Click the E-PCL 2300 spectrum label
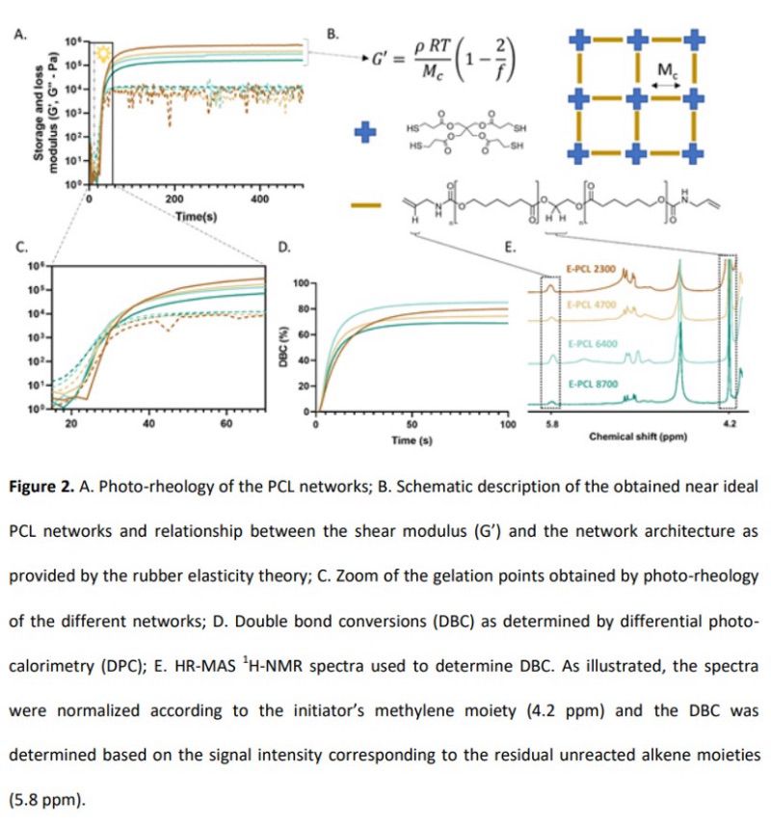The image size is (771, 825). [x=590, y=271]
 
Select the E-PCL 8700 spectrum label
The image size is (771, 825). [x=590, y=384]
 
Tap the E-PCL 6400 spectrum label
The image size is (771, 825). [x=590, y=343]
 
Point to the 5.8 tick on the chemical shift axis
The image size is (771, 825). [x=551, y=422]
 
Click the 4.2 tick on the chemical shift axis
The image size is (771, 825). [x=729, y=422]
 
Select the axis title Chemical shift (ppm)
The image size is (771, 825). [x=637, y=436]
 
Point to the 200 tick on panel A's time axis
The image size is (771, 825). [x=174, y=200]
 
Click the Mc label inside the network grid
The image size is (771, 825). [x=666, y=72]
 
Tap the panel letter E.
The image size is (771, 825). [x=511, y=248]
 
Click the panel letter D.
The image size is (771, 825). [x=284, y=248]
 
